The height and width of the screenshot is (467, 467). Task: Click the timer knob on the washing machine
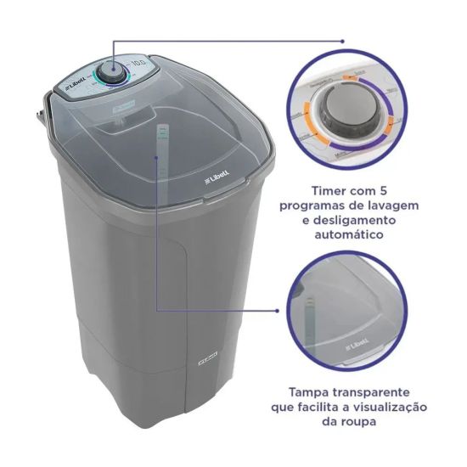(109, 72)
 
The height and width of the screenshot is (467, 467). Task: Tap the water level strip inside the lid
(159, 149)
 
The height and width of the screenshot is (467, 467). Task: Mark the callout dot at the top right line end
(343, 39)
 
